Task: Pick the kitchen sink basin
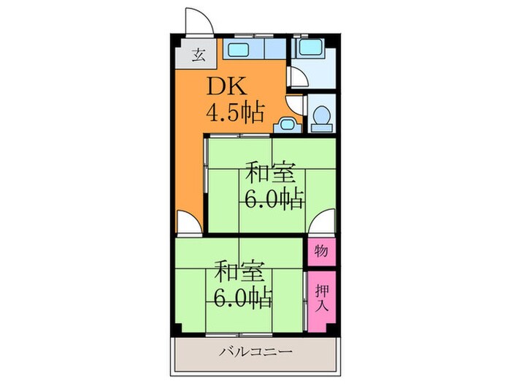238,51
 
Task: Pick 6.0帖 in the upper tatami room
274,199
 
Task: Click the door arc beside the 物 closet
319,223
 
